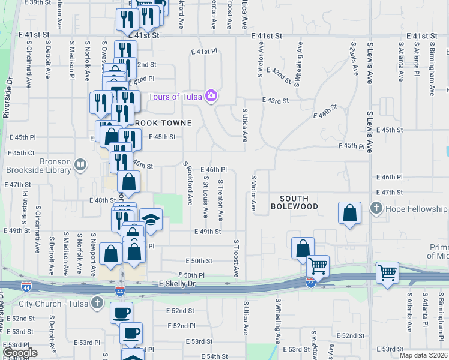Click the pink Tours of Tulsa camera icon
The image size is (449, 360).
click(x=211, y=95)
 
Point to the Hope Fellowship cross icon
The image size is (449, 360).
click(x=376, y=209)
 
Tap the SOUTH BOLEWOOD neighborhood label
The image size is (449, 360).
click(x=294, y=203)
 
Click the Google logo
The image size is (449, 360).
click(x=20, y=353)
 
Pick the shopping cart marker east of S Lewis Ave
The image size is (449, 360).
click(x=387, y=273)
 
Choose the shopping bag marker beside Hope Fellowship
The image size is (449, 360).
click(x=349, y=213)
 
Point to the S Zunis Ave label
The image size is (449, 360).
click(x=355, y=58)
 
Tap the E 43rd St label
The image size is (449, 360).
click(x=276, y=101)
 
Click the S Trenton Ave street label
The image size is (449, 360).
click(x=221, y=199)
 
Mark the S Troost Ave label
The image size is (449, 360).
click(x=236, y=259)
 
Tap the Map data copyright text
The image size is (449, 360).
click(x=423, y=355)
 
